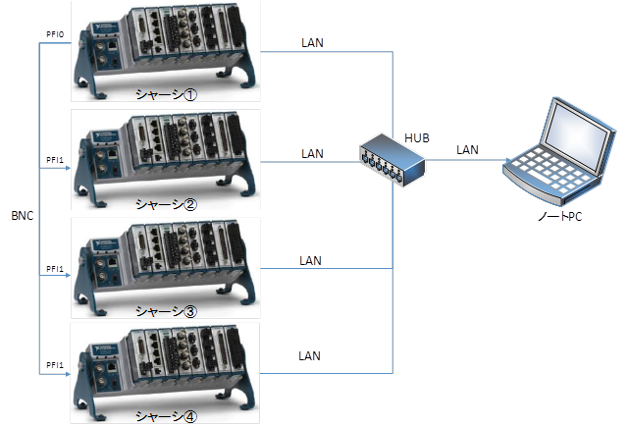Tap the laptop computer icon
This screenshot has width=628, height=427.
[555, 151]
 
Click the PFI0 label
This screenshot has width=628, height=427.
[55, 34]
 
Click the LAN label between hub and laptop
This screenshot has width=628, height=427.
[467, 149]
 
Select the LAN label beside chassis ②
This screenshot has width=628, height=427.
[312, 153]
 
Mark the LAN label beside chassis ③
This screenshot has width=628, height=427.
[311, 260]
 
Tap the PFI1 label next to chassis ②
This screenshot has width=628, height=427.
[55, 160]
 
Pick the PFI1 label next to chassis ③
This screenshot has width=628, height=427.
[55, 267]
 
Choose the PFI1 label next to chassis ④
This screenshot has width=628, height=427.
[55, 365]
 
